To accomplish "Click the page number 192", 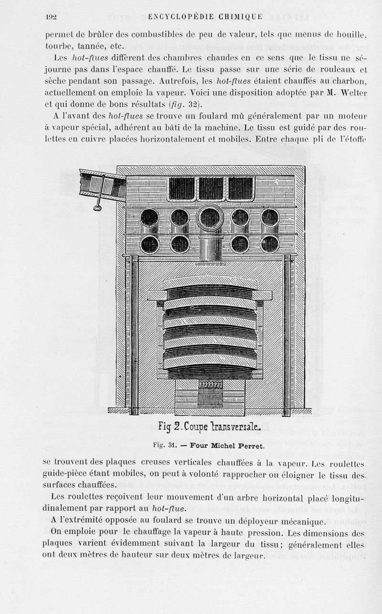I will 51,17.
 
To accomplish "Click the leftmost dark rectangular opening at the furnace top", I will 182,188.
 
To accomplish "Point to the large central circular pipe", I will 210,218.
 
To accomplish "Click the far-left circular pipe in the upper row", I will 149,218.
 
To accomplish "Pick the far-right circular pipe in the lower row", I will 270,244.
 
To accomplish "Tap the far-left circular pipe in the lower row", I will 149,244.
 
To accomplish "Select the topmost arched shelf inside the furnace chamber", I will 210,282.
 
